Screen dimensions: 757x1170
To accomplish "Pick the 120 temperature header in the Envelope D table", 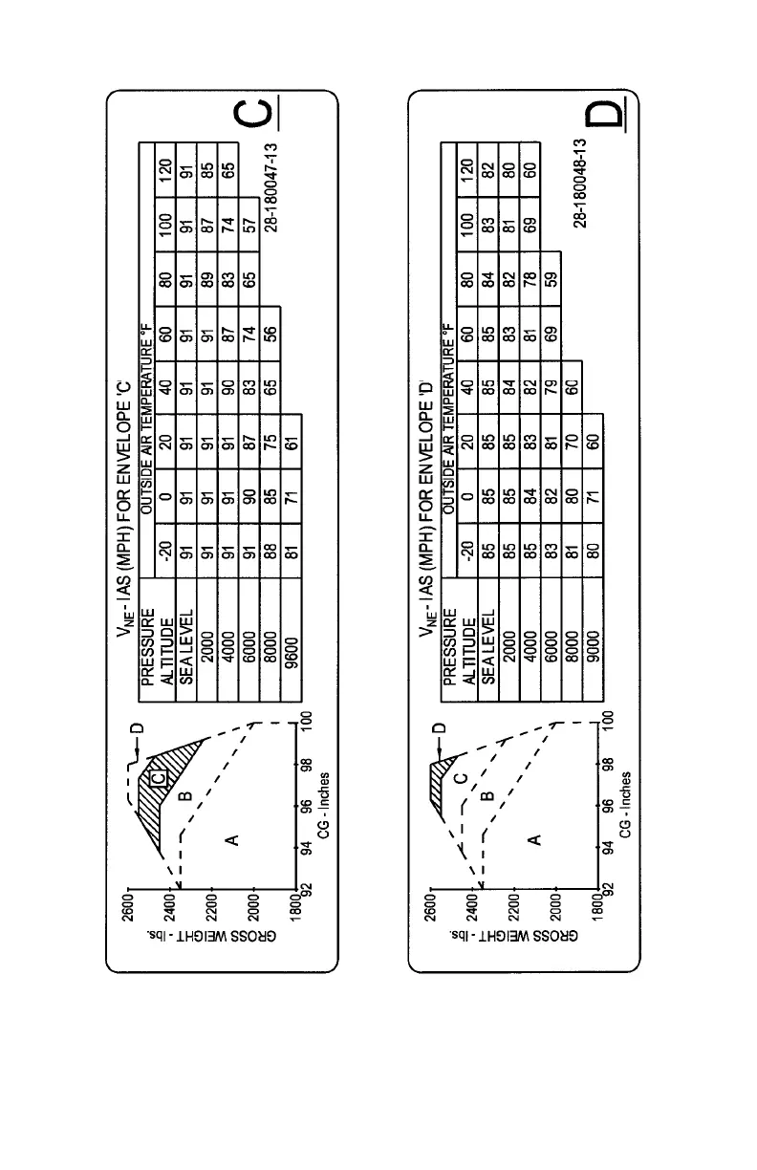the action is point(465,171).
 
